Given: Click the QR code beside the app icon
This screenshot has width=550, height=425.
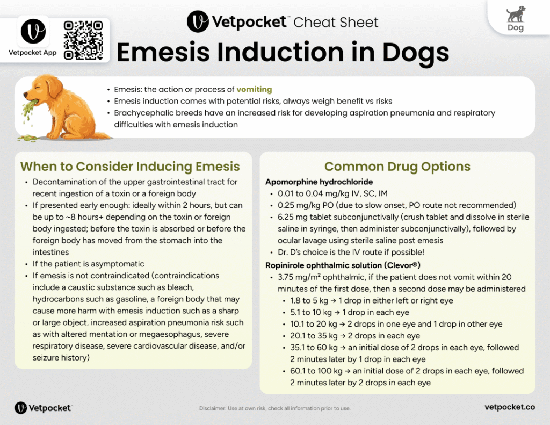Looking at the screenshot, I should (83, 40).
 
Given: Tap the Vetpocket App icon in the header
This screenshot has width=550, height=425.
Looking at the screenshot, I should (33, 31).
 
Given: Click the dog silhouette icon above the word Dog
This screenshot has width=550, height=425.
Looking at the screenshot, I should (516, 14).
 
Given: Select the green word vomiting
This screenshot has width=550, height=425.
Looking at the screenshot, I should (255, 89).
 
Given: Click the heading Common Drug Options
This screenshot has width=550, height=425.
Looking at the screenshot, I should (397, 167).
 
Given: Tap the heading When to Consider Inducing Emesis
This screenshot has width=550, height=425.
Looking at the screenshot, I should (130, 167).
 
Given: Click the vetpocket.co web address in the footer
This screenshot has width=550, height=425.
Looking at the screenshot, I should (509, 407).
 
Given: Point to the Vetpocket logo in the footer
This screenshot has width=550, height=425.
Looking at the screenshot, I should (43, 408).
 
